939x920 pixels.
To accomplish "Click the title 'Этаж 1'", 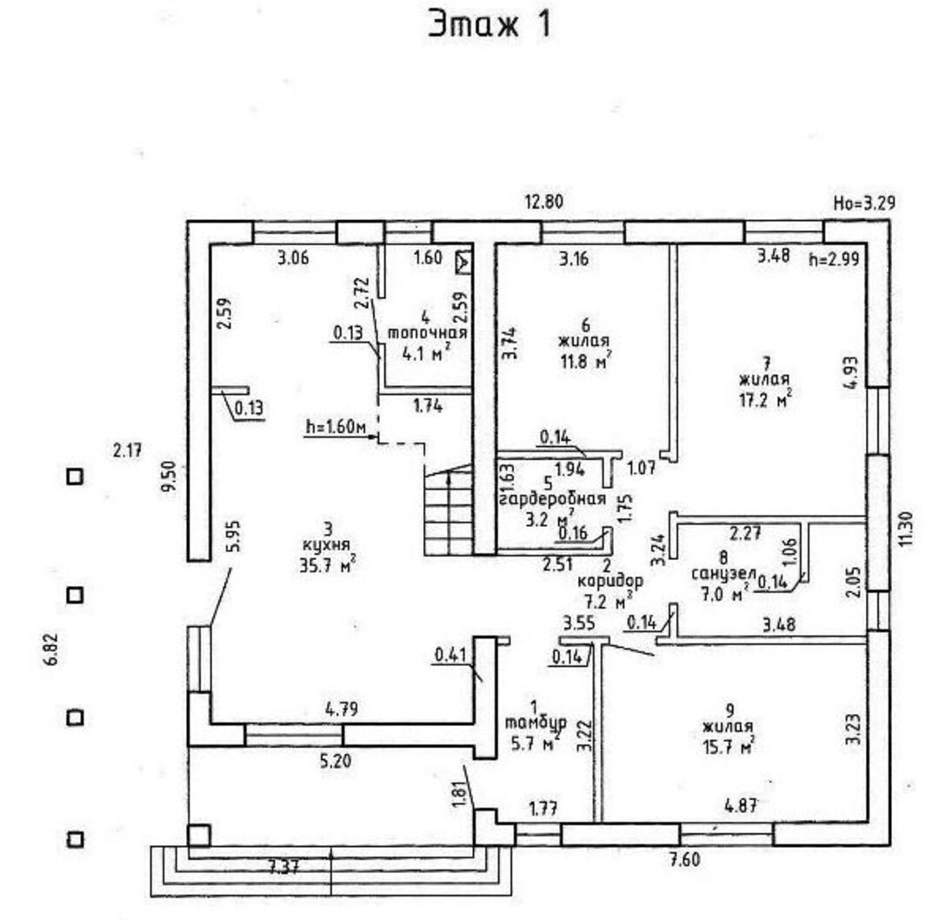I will click(x=489, y=25).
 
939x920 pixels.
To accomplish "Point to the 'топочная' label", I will click(x=428, y=333).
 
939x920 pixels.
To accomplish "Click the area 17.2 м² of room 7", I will click(x=764, y=398).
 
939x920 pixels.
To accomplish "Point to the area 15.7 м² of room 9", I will click(x=728, y=744).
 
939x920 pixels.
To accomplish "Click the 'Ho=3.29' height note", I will click(x=864, y=204).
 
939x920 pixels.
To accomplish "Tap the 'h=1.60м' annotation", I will click(x=337, y=427).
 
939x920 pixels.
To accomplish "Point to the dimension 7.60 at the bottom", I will click(x=685, y=861).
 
